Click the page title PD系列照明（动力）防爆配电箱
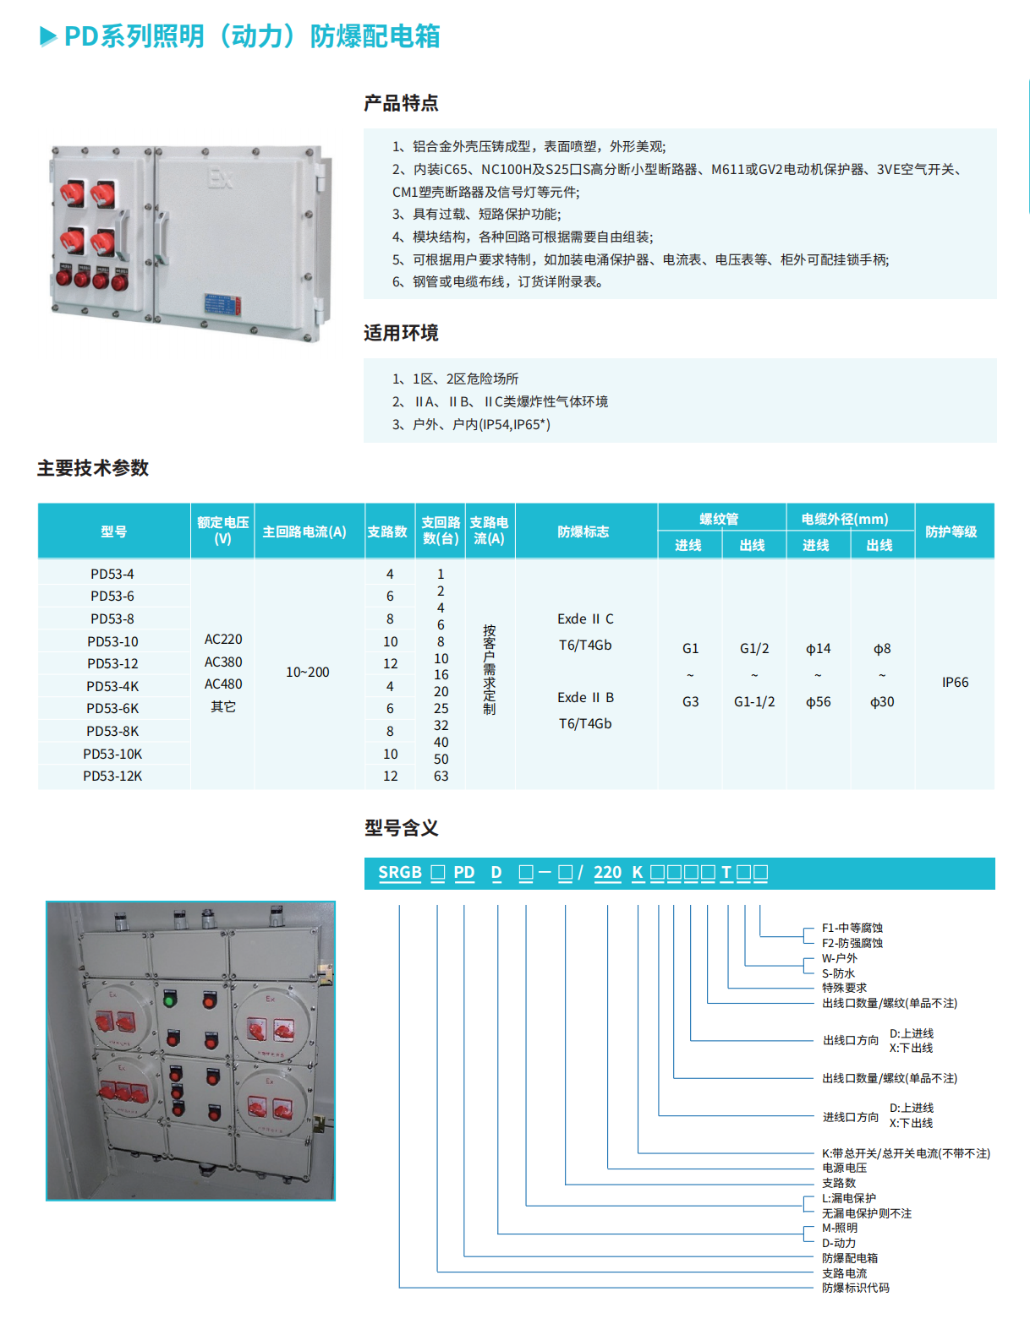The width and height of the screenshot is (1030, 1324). pyautogui.click(x=251, y=36)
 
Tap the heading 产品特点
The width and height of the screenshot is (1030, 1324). pyautogui.click(x=401, y=103)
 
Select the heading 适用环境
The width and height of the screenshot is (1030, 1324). pyautogui.click(x=401, y=333)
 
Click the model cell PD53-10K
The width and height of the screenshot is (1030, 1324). pyautogui.click(x=112, y=754)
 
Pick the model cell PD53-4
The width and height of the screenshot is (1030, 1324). pyautogui.click(x=112, y=574)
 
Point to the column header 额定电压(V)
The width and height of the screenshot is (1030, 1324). pyautogui.click(x=222, y=531)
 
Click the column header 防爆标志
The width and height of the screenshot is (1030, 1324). pyautogui.click(x=583, y=531)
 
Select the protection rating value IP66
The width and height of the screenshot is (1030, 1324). pyautogui.click(x=955, y=682)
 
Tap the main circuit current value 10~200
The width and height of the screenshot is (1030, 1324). pyautogui.click(x=308, y=673)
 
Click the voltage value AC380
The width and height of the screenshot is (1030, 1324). pyautogui.click(x=223, y=662)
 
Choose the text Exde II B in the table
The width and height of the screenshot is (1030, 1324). pyautogui.click(x=585, y=697)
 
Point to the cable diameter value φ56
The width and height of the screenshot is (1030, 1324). pyautogui.click(x=818, y=701)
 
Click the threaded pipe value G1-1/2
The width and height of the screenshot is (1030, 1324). pyautogui.click(x=754, y=701)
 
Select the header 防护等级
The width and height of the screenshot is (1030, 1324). pyautogui.click(x=951, y=531)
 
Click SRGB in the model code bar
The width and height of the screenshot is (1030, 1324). pyautogui.click(x=399, y=873)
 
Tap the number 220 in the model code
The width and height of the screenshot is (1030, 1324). pyautogui.click(x=607, y=873)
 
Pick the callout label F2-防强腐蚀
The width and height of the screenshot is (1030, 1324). pyautogui.click(x=852, y=943)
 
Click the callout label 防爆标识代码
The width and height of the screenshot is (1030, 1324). pyautogui.click(x=856, y=1288)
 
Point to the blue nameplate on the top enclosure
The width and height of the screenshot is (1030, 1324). pyautogui.click(x=226, y=306)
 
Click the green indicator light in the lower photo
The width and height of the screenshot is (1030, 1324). pyautogui.click(x=169, y=1001)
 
